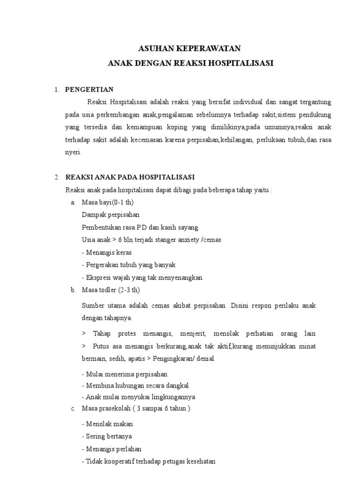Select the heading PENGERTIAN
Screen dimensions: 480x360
click(89, 90)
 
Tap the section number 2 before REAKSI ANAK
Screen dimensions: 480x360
click(56, 177)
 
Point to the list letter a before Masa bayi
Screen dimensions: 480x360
click(73, 202)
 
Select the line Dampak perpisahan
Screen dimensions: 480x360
click(110, 215)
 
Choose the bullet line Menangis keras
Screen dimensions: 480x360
click(106, 253)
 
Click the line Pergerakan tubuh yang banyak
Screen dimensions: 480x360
click(128, 265)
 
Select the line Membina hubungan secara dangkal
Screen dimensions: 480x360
click(135, 385)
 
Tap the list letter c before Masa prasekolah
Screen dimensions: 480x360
click(73, 408)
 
